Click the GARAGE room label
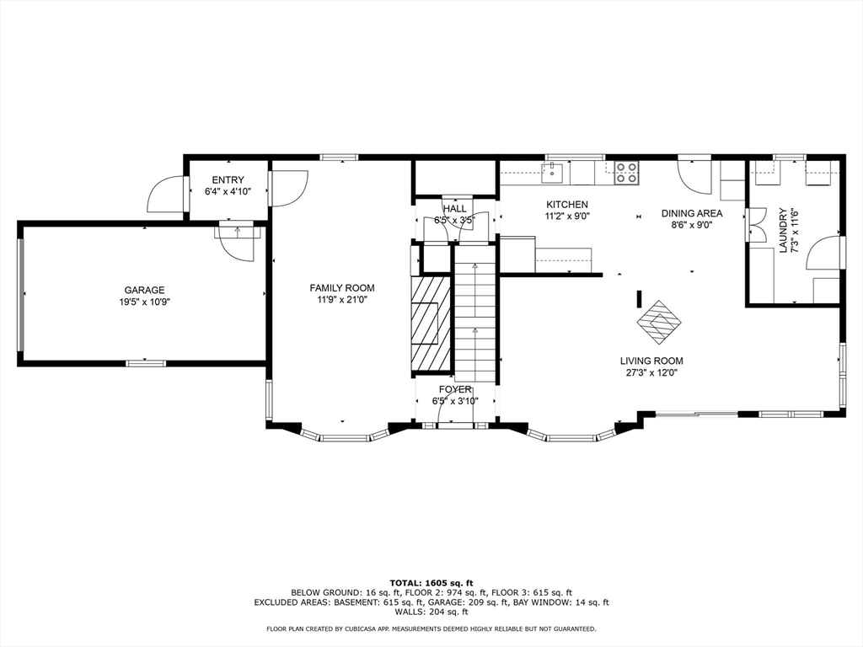[145, 290]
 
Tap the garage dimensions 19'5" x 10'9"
[145, 302]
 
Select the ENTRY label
[228, 179]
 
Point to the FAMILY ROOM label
[341, 287]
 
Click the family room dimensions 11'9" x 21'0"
[341, 299]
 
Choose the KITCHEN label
[567, 205]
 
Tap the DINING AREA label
[691, 213]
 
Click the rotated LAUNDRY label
[783, 231]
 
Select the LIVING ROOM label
[651, 361]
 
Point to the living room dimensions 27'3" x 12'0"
[651, 372]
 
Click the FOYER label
[455, 389]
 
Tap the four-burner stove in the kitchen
[625, 173]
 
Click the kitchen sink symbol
[553, 173]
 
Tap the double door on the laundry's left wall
[755, 224]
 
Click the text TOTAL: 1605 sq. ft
[431, 582]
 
